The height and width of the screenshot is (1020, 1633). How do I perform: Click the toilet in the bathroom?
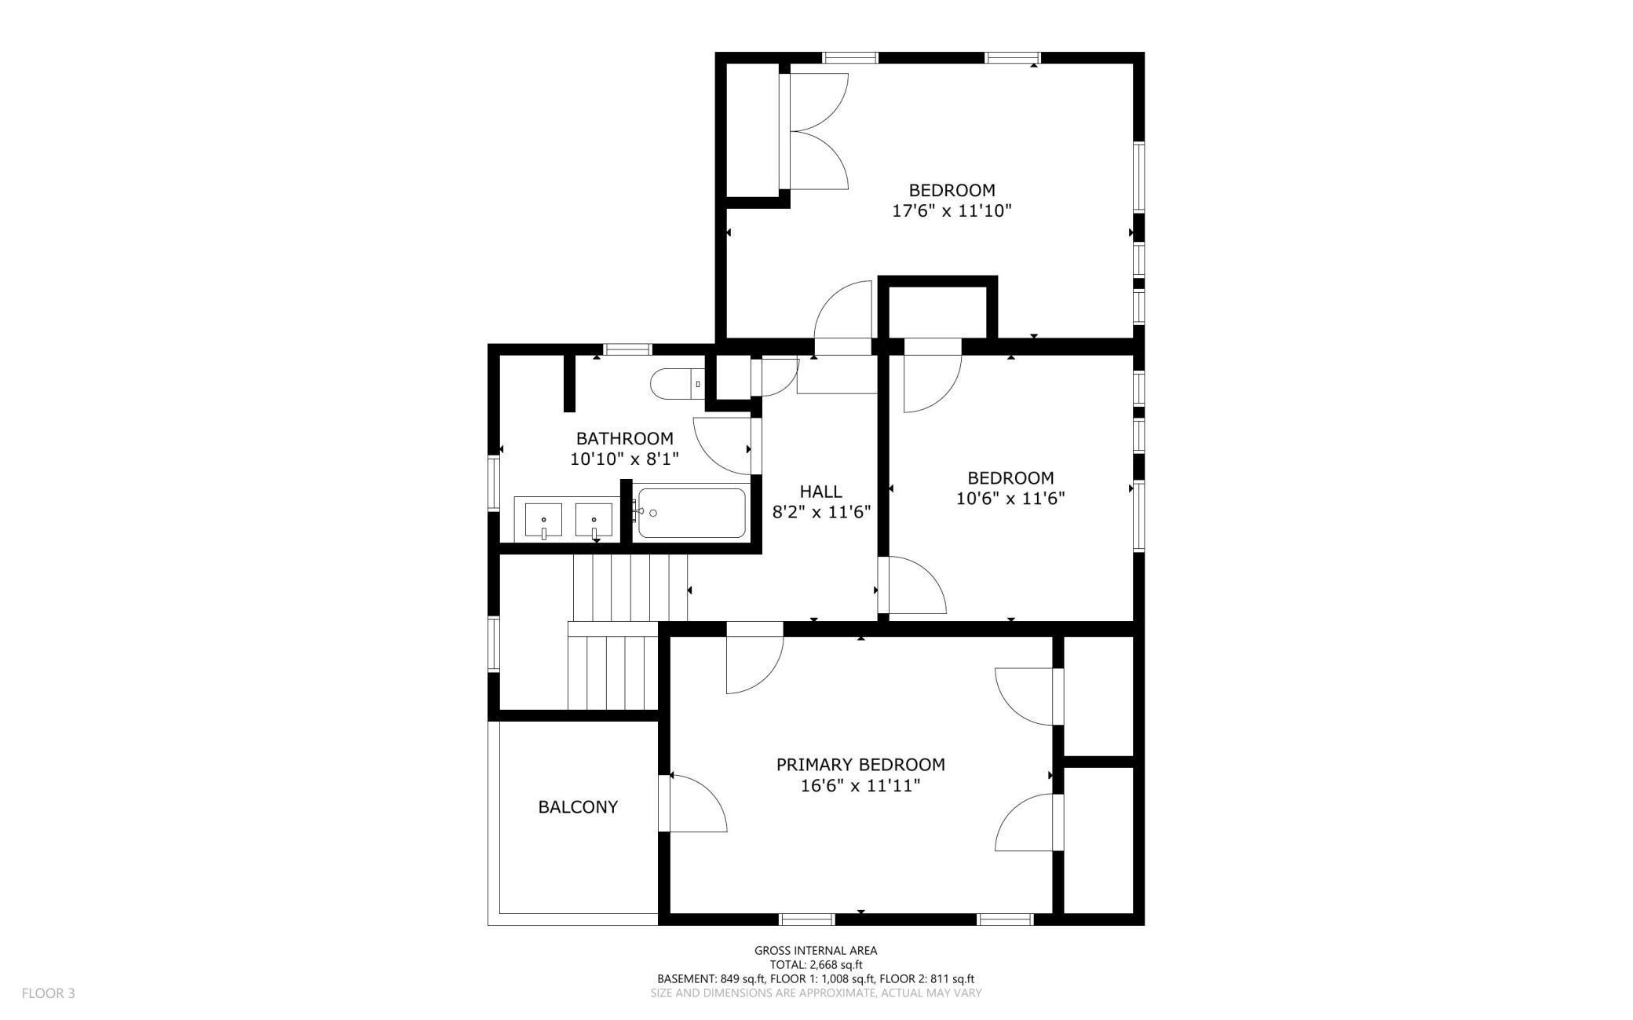coord(678,384)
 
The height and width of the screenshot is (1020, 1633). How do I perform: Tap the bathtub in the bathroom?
coord(691,514)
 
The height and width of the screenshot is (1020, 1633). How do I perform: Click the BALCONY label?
coord(578,806)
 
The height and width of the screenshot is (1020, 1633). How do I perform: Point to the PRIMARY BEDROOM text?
coord(860,764)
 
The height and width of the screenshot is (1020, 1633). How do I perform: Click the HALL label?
coord(821,492)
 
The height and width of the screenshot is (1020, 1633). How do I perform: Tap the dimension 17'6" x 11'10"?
coord(952,210)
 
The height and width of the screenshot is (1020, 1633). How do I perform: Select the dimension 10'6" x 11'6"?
coord(1010,498)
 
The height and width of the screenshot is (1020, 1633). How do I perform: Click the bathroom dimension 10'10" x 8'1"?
coord(624,459)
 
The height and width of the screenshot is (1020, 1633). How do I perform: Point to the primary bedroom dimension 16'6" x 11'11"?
coord(860,785)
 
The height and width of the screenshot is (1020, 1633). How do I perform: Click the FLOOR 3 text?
coord(48,993)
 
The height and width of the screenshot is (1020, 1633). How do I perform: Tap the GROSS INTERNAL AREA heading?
coord(816,950)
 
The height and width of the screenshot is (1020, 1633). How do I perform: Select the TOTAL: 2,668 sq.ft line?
coord(816,964)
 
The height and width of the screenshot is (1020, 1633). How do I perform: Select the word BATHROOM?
coord(624,438)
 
